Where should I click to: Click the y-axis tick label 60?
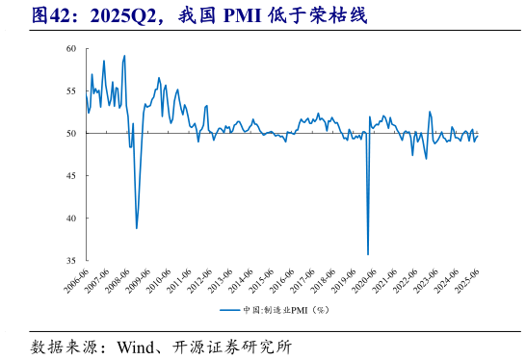tap(72, 48)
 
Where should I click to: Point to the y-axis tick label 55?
tap(72, 90)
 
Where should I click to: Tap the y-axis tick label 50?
tap(72, 133)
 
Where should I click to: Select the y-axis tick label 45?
tap(72, 175)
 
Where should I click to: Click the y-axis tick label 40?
tap(72, 218)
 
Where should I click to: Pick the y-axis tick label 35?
tap(72, 260)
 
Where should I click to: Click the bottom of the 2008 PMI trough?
tap(137, 228)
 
